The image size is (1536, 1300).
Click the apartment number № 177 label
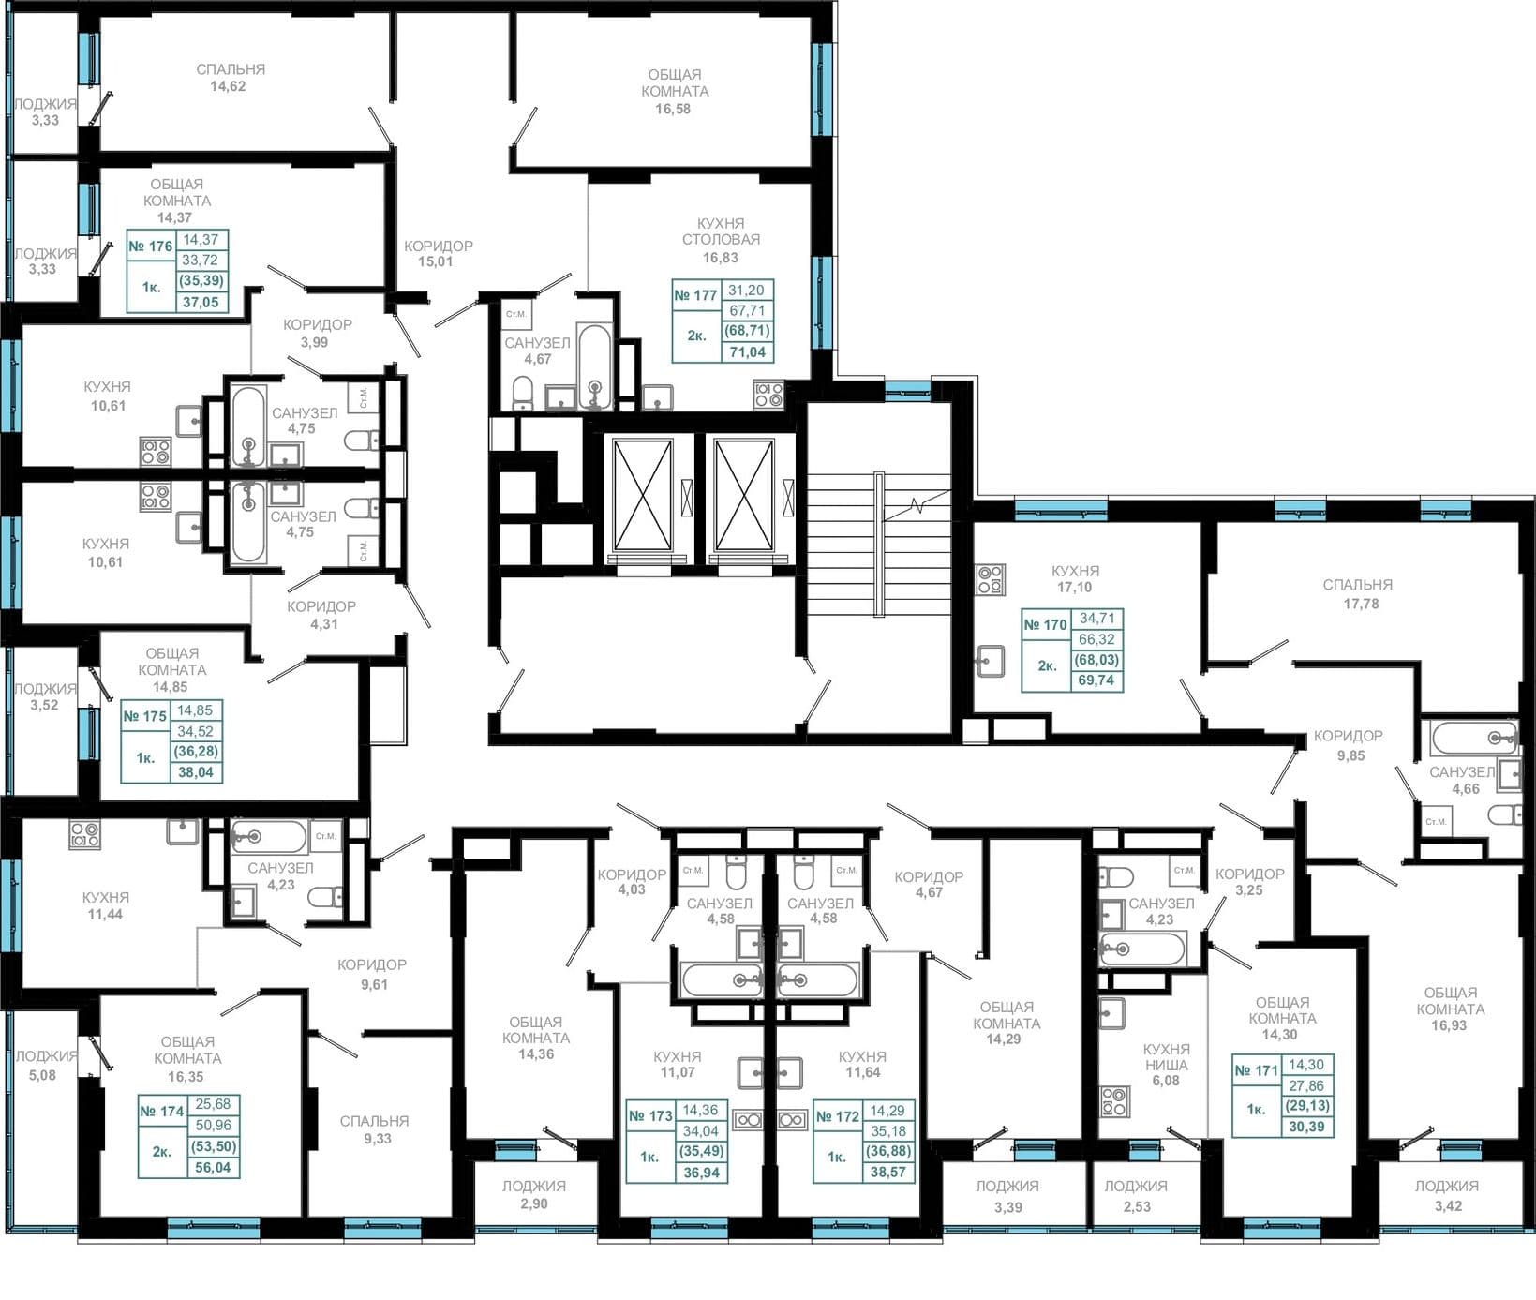click(x=695, y=295)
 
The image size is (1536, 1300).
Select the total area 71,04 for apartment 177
click(x=747, y=352)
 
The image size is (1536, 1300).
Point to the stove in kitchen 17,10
click(x=991, y=579)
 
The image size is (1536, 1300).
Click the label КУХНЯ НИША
click(x=1167, y=1057)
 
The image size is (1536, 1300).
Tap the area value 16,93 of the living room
click(x=1448, y=1025)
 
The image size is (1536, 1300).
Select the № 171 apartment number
click(x=1256, y=1069)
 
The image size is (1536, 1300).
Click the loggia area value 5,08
click(x=42, y=1075)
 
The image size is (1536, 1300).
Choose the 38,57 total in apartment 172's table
click(x=887, y=1173)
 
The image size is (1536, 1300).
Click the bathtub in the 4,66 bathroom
click(x=1474, y=738)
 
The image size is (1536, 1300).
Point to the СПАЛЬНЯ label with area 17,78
click(x=1358, y=584)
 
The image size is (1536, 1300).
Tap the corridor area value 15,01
click(x=436, y=261)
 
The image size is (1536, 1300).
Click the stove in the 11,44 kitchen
click(x=84, y=834)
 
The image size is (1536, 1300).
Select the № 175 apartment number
click(x=144, y=716)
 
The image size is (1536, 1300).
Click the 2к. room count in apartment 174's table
click(x=161, y=1151)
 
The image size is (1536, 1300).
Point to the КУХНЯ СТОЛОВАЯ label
click(x=721, y=232)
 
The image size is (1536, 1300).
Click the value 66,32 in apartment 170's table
click(x=1096, y=639)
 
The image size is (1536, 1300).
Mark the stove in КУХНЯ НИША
click(x=1115, y=1101)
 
